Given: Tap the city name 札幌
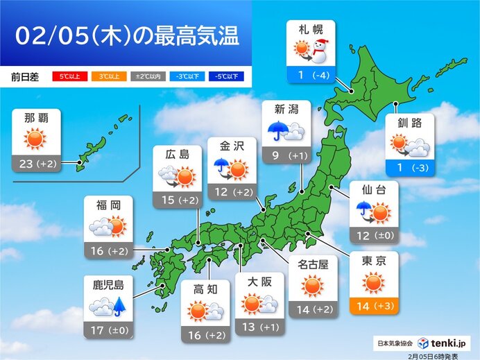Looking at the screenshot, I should point(310,31).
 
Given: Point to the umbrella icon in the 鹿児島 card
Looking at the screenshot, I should point(119,306).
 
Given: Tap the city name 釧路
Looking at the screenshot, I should point(409,124).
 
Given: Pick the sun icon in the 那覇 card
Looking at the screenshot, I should point(34,139).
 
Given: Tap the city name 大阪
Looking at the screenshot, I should point(260,283).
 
